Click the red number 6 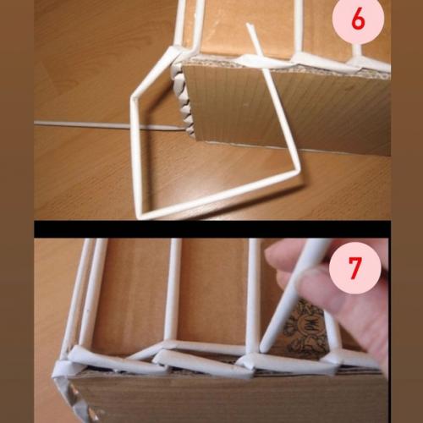357,20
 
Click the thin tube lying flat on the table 85,125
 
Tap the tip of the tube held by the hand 263,348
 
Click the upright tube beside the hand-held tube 251,296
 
